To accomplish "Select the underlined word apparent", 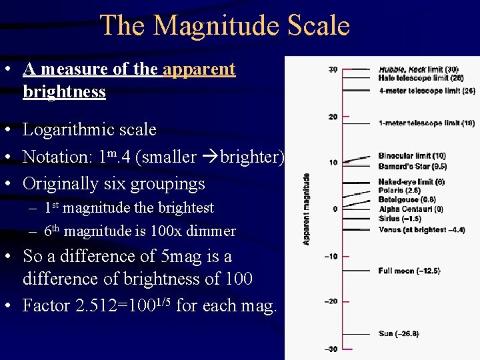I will [199, 69].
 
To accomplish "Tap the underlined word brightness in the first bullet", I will [64, 91].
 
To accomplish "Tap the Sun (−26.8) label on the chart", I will [398, 333].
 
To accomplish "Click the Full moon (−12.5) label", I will [409, 271].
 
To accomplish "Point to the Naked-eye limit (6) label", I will [411, 181].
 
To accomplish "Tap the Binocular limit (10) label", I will [412, 156].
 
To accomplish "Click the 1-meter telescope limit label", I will [426, 123].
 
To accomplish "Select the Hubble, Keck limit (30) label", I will [418, 69].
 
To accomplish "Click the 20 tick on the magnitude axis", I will [332, 117].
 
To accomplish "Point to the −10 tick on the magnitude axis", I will [331, 256].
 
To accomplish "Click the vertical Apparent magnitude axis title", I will [306, 209].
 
